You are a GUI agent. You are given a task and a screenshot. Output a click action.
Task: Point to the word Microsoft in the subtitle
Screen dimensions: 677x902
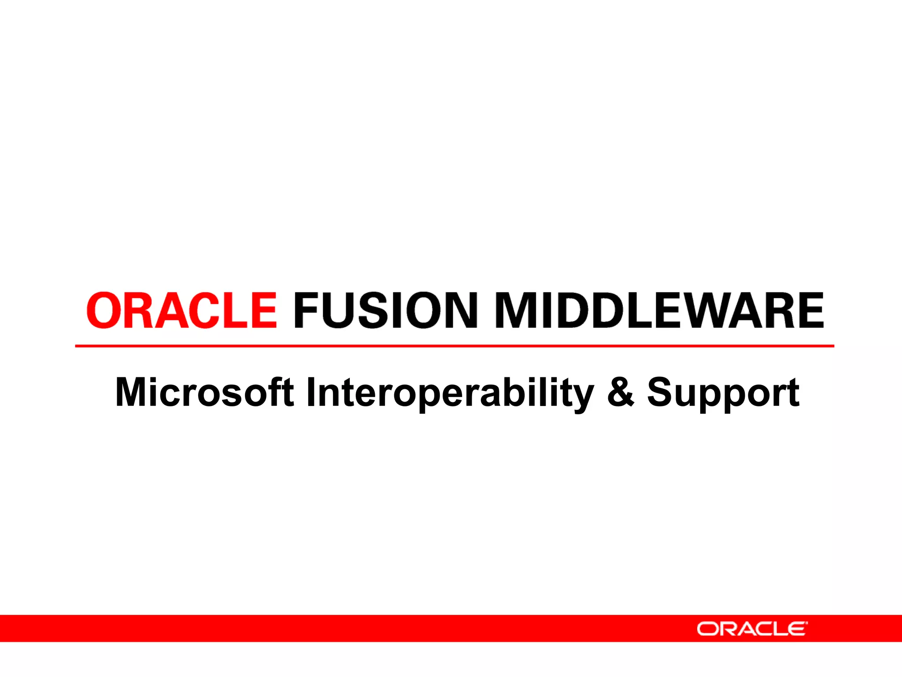click(204, 392)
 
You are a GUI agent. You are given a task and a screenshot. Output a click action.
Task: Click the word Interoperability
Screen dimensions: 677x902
click(450, 392)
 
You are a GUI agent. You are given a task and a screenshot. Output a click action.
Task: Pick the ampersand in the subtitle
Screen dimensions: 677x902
click(621, 392)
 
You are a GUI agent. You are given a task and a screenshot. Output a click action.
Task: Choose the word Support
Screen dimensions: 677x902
click(723, 392)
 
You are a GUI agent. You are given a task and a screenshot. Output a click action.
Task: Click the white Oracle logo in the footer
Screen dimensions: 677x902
click(752, 629)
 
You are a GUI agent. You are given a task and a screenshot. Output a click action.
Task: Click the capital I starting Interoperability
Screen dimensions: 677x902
click(311, 392)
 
